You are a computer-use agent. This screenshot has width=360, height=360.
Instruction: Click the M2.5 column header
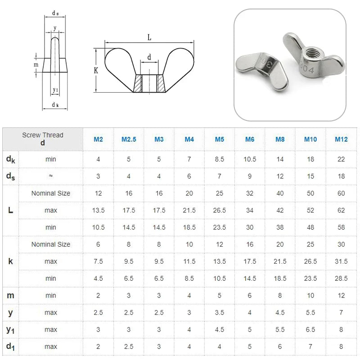click(x=129, y=139)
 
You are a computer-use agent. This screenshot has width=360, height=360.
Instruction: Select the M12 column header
click(x=341, y=139)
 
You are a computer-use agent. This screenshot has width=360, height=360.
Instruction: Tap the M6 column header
click(x=250, y=139)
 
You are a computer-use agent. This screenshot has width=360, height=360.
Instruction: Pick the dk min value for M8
click(x=280, y=159)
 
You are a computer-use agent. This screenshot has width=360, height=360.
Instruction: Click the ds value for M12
click(x=341, y=176)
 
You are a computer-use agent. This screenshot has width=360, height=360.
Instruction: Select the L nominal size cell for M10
click(x=310, y=193)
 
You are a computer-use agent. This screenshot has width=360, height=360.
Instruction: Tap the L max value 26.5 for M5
click(x=219, y=211)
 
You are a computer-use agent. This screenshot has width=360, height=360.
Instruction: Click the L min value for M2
click(x=98, y=228)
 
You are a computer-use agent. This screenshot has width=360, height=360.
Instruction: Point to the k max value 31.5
click(x=341, y=261)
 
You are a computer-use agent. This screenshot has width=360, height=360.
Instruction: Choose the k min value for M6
click(x=250, y=279)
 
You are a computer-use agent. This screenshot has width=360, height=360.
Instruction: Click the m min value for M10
click(x=310, y=296)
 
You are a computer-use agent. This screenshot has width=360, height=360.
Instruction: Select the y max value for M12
click(x=341, y=313)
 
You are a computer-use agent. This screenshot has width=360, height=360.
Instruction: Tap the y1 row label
click(x=10, y=330)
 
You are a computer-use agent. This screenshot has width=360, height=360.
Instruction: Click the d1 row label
click(x=10, y=347)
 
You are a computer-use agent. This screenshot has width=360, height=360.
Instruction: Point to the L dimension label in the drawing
click(x=149, y=38)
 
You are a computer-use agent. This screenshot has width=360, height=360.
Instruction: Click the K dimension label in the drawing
click(x=96, y=71)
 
